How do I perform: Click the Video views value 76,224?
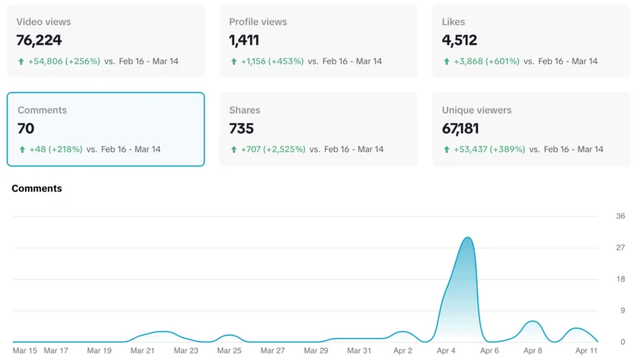pyautogui.click(x=39, y=40)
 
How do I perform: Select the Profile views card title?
pyautogui.click(x=258, y=22)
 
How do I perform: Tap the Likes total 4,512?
pyautogui.click(x=459, y=40)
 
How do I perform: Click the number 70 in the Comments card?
pyautogui.click(x=26, y=129)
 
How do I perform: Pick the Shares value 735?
pyautogui.click(x=241, y=129)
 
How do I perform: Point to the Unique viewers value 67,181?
pyautogui.click(x=460, y=129)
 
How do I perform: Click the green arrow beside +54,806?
pyautogui.click(x=22, y=62)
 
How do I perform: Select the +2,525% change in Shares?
pyautogui.click(x=286, y=150)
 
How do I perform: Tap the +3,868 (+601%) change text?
pyautogui.click(x=486, y=61)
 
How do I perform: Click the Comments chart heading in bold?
pyautogui.click(x=37, y=189)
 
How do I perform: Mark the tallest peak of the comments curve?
pyautogui.click(x=468, y=238)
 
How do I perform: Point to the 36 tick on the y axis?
pyautogui.click(x=620, y=216)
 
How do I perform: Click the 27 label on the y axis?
pyautogui.click(x=620, y=248)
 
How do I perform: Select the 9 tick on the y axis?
pyautogui.click(x=622, y=310)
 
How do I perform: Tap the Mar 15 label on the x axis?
pyautogui.click(x=24, y=351)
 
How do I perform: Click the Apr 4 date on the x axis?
pyautogui.click(x=446, y=351)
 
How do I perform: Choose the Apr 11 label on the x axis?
pyautogui.click(x=586, y=351)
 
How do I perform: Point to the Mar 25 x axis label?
pyautogui.click(x=229, y=351)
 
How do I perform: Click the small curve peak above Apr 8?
pyautogui.click(x=532, y=321)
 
